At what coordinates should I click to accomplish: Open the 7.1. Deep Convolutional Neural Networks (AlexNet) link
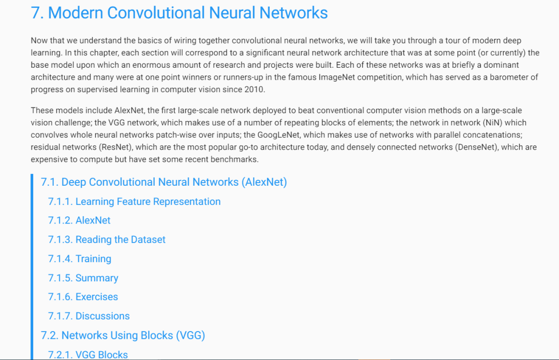click(x=164, y=182)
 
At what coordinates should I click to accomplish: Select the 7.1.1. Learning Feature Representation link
click(x=134, y=202)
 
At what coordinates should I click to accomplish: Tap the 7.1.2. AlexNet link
click(x=79, y=220)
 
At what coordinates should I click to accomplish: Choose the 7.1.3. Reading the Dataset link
click(x=107, y=239)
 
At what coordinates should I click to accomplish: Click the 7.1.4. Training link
click(x=80, y=259)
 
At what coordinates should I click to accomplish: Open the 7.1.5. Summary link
click(x=83, y=278)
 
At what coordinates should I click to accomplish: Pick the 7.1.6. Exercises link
click(x=83, y=297)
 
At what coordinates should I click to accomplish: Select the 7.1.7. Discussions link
click(x=89, y=316)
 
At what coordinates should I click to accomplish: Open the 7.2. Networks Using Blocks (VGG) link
click(x=123, y=335)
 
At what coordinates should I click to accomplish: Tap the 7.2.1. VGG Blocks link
click(x=88, y=354)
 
